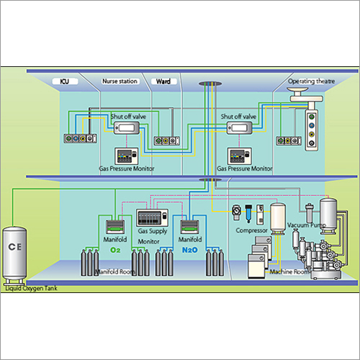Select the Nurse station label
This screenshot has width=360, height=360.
coord(120,81)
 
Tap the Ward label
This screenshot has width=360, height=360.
coord(163,81)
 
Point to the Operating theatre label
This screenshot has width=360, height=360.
coord(311,81)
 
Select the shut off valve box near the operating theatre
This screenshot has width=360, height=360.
coord(239,129)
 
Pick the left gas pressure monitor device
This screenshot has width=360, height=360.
coord(127,155)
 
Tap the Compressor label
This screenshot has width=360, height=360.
coord(252,231)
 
